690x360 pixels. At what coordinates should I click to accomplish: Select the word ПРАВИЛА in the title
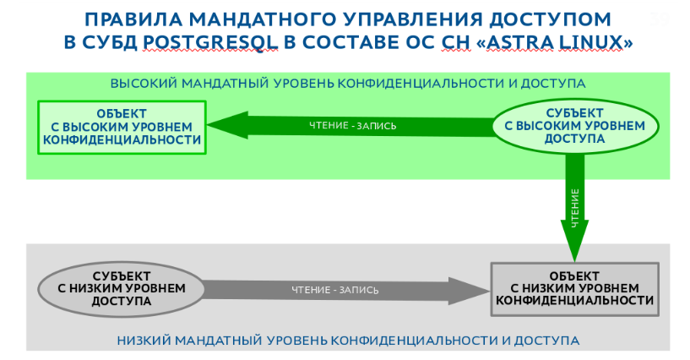(128, 19)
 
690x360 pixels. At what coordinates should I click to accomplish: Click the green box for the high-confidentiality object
(122, 127)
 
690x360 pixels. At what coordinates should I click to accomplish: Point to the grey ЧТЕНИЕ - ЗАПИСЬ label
(334, 290)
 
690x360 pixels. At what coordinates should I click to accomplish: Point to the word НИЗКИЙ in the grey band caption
(140, 341)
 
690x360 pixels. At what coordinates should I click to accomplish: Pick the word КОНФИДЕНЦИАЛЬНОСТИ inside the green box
(122, 139)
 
